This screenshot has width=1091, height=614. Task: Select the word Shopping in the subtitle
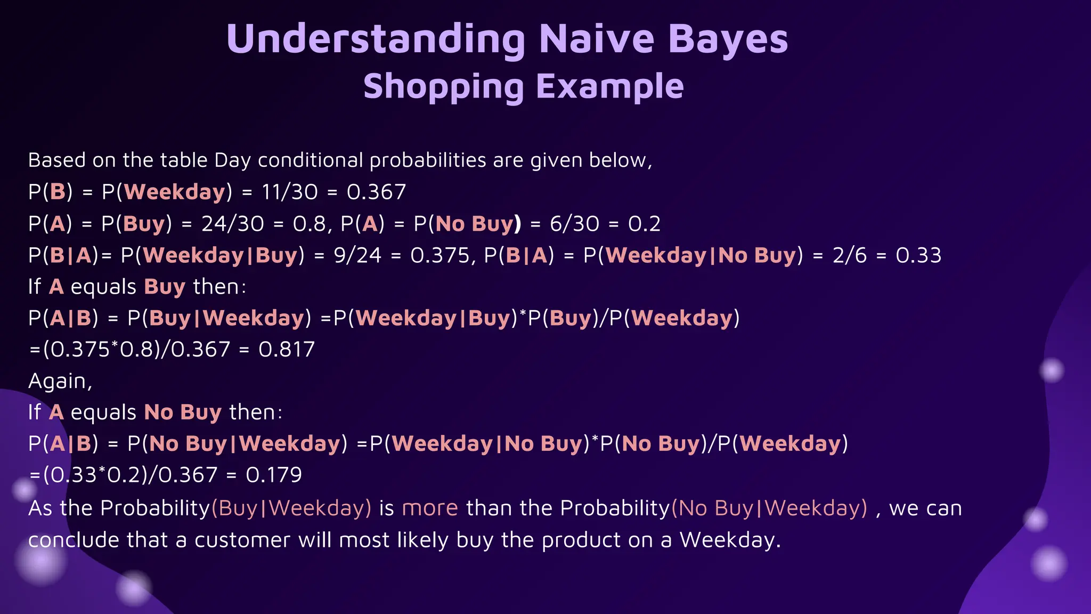[x=444, y=86]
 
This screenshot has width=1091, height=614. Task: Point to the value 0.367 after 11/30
[x=376, y=192]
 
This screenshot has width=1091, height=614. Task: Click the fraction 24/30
[x=232, y=223]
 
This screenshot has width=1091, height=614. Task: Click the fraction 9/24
[x=357, y=255]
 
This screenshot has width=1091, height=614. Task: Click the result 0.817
[x=287, y=350]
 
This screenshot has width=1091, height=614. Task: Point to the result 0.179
[x=273, y=475]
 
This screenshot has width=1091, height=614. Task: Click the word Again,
[x=60, y=381]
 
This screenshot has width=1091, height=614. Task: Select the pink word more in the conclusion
[x=430, y=508]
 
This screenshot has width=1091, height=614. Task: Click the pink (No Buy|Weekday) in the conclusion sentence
[x=769, y=508]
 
